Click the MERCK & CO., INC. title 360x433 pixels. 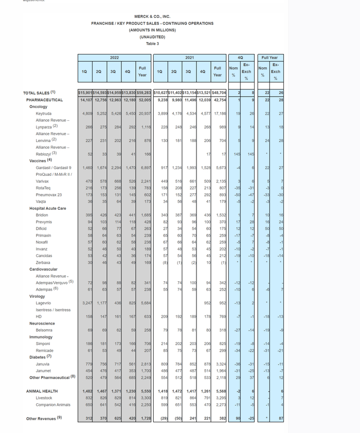[152, 16]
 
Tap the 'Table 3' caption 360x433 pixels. [152, 44]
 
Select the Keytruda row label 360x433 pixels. [44, 113]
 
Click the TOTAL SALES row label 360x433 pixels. [39, 93]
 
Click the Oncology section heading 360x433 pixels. [38, 106]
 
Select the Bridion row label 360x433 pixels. [42, 215]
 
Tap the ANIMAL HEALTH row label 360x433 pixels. [43, 391]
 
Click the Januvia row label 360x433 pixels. [43, 364]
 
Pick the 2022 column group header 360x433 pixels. [114, 58]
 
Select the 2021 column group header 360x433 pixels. [189, 58]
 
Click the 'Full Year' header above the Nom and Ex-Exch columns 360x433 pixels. [269, 58]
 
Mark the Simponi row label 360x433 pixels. [43, 344]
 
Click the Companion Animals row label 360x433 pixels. [52, 405]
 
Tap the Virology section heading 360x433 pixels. [37, 296]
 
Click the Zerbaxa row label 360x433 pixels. [43, 262]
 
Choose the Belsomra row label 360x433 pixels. [44, 330]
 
